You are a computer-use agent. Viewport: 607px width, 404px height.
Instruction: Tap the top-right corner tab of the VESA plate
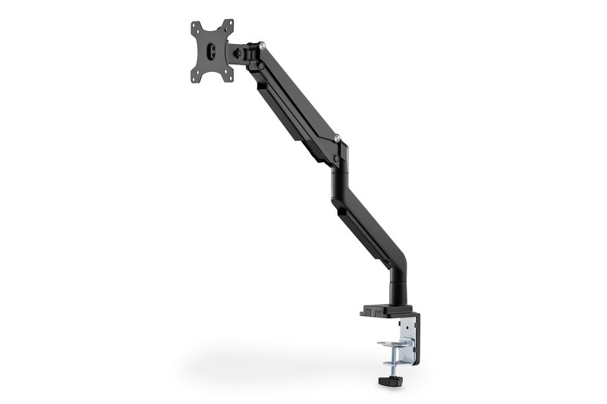coord(229,24)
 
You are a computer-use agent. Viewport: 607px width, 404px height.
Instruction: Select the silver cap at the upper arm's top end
coord(262,46)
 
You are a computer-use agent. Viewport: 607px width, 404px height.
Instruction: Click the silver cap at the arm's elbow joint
coord(337,139)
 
